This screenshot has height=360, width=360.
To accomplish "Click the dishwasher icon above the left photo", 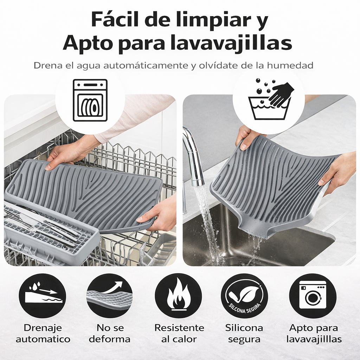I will click(x=90, y=100).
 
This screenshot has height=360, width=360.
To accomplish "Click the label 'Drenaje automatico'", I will click(x=43, y=334).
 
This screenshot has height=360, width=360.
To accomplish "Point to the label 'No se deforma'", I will click(x=110, y=334).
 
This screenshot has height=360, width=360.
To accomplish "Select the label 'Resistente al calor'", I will click(x=179, y=334).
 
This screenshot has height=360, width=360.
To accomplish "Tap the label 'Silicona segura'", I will click(x=244, y=334).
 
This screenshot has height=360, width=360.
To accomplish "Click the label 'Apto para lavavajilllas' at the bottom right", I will click(x=314, y=334).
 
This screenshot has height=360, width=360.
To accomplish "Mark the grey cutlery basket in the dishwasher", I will click(x=49, y=232).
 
